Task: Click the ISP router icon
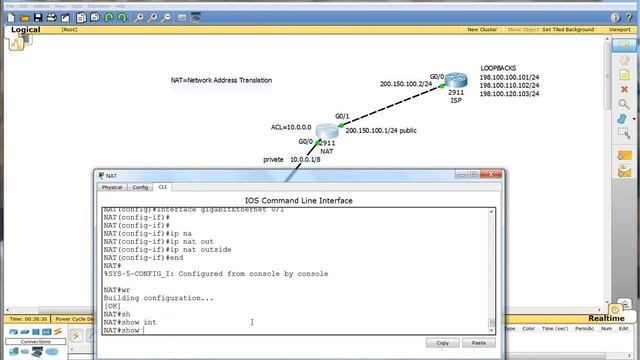[455, 81]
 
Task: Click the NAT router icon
[326, 131]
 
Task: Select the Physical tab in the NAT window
[112, 187]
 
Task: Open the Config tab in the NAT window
[140, 187]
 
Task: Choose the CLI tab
[162, 187]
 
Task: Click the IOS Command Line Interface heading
[298, 200]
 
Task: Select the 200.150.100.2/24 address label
[403, 84]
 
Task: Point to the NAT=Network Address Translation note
[221, 80]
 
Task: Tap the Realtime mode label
[606, 318]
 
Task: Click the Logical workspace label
[26, 30]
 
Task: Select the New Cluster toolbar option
[482, 30]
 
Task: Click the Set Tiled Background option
[568, 30]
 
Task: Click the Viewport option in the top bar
[620, 30]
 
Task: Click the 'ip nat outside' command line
[140, 249]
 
